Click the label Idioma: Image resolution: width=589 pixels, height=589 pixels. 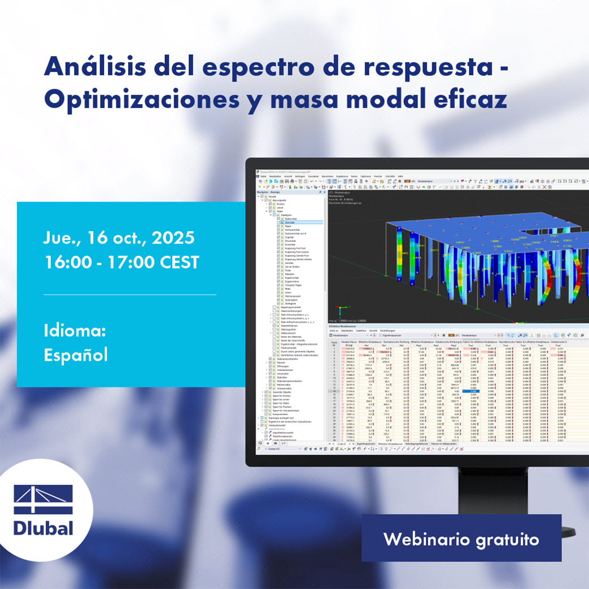pos(75,331)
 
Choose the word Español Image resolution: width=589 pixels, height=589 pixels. pos(75,355)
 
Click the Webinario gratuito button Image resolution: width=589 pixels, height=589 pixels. pos(461,539)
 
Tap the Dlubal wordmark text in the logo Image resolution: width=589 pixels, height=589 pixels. pos(43,528)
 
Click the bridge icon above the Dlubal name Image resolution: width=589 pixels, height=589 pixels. pos(43,499)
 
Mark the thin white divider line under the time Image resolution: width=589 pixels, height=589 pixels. pos(130,294)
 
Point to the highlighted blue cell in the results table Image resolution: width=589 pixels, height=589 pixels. pos(471,391)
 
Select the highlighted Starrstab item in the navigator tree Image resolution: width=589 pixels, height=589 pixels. pos(293,223)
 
